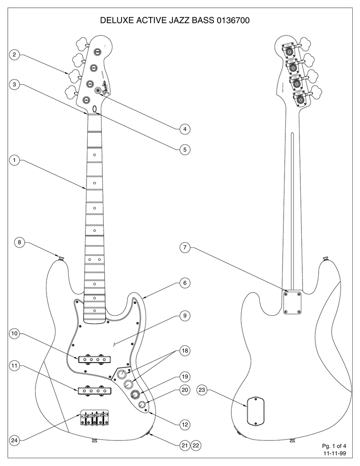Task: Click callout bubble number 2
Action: click(x=15, y=55)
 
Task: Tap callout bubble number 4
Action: click(x=184, y=129)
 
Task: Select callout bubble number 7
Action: click(x=184, y=248)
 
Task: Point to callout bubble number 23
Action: click(x=203, y=390)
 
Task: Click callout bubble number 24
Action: click(x=15, y=441)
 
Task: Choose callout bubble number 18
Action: click(x=184, y=351)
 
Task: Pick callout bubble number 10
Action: click(x=15, y=334)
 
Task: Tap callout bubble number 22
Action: click(x=197, y=445)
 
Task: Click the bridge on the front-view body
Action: click(x=95, y=419)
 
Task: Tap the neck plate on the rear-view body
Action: click(x=292, y=303)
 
